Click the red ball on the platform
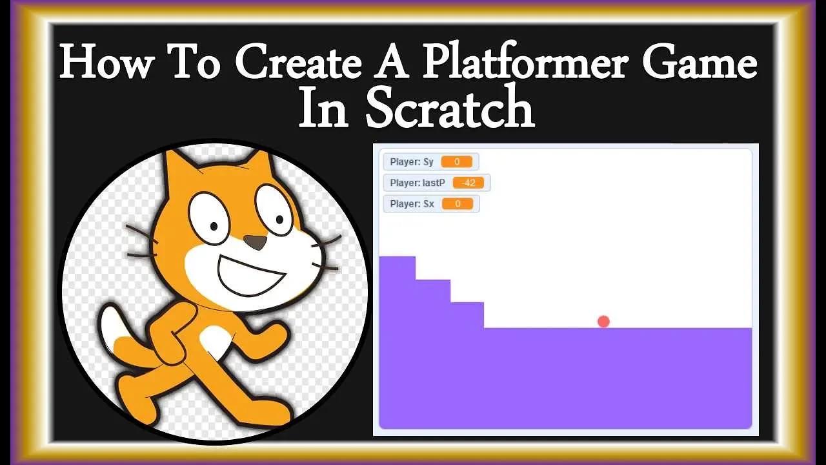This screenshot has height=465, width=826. click(x=603, y=321)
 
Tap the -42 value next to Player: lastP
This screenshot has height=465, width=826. click(x=468, y=183)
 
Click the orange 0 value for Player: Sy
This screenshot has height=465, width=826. click(x=457, y=161)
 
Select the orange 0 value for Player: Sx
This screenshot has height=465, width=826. click(x=458, y=204)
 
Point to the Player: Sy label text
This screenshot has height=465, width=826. click(x=412, y=161)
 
